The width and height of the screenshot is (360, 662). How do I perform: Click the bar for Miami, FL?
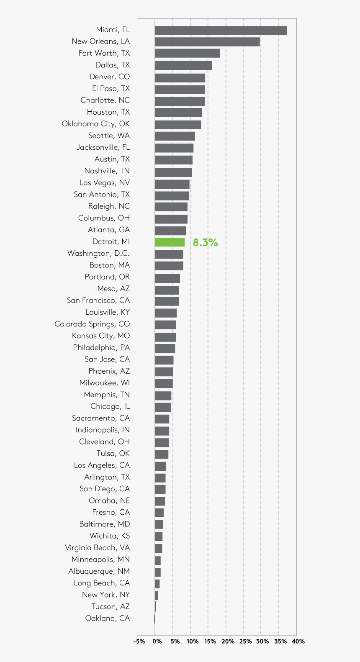click(221, 31)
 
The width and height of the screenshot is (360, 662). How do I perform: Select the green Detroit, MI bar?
click(170, 242)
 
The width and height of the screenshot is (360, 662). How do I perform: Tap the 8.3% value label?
click(205, 242)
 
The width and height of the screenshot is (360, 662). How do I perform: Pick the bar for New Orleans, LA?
click(207, 42)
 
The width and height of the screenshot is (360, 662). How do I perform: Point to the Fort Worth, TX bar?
click(187, 54)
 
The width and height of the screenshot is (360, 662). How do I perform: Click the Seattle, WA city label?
click(109, 136)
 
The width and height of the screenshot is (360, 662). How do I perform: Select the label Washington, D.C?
click(98, 254)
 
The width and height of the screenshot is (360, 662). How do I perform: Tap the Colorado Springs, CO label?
click(92, 324)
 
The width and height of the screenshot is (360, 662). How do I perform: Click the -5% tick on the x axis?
click(139, 641)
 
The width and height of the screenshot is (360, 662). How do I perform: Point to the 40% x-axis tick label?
click(298, 641)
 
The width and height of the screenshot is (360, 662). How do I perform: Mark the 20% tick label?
click(228, 641)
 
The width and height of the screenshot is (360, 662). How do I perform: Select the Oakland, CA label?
click(107, 618)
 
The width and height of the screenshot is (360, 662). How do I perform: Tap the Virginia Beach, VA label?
click(97, 548)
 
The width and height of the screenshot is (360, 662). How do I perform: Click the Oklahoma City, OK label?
click(95, 124)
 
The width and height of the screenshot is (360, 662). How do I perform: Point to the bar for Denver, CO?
click(180, 77)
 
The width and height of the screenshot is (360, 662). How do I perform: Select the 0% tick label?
click(157, 641)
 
